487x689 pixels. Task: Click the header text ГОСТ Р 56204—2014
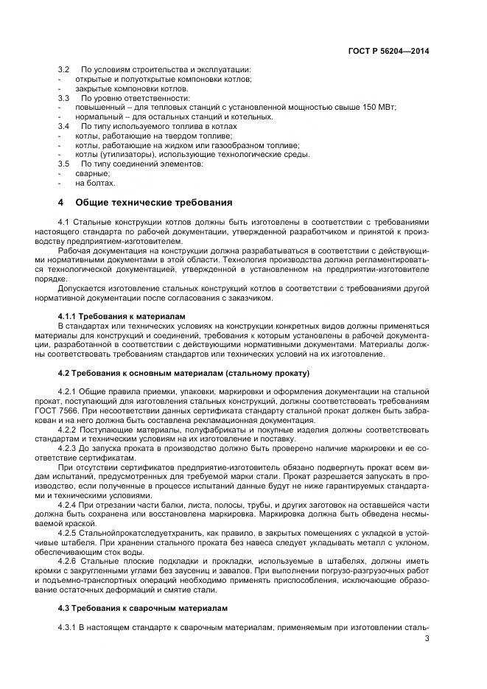tap(388, 52)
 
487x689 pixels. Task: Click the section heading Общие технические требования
tap(153, 203)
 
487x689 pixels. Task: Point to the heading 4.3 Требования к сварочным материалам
tap(143, 609)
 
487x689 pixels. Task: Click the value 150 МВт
tap(377, 107)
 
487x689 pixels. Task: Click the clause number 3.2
tap(63, 69)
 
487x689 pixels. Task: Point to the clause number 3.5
tap(63, 164)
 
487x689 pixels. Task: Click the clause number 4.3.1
tap(68, 628)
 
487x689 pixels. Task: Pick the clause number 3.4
tap(63, 126)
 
